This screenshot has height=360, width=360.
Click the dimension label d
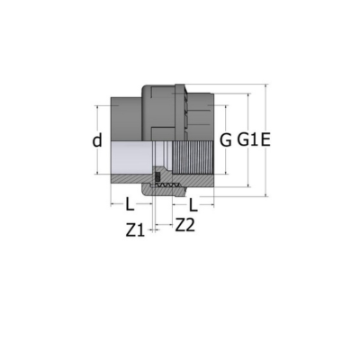click(x=97, y=140)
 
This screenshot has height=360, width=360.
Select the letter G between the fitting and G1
click(x=226, y=140)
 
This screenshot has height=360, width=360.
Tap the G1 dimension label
click(x=247, y=140)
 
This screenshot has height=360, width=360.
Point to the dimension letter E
click(x=265, y=140)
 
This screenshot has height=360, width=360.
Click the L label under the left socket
click(x=130, y=205)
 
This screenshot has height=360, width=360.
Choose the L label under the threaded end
click(x=193, y=205)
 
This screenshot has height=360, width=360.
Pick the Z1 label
click(x=135, y=230)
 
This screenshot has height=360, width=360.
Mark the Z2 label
click(x=185, y=226)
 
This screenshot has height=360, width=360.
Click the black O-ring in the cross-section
click(x=157, y=177)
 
